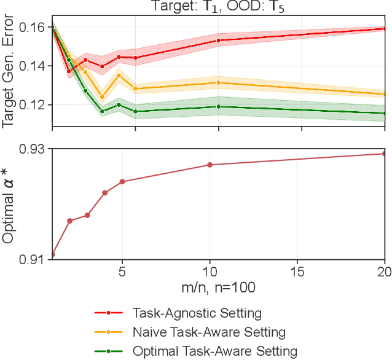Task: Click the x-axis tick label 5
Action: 122,271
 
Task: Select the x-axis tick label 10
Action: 210,271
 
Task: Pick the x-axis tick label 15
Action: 297,271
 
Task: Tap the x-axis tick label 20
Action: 383,271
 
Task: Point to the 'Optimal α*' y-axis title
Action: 9,204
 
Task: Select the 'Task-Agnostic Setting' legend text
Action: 197,313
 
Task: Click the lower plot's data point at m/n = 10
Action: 210,165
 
